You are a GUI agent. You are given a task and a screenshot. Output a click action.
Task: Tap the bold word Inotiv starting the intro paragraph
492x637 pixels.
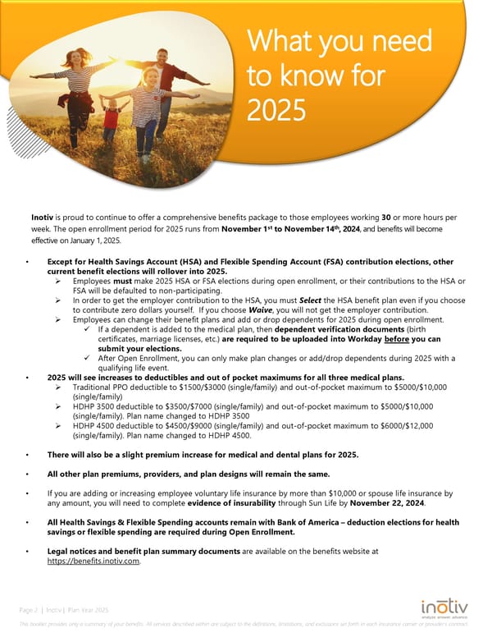[x=44, y=218]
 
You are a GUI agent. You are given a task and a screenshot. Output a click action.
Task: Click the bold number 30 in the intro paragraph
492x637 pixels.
[x=385, y=218]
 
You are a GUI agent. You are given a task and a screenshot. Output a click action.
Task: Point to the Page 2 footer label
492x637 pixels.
[x=30, y=610]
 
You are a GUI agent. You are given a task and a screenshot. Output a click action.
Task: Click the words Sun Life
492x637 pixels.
[x=339, y=503]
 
